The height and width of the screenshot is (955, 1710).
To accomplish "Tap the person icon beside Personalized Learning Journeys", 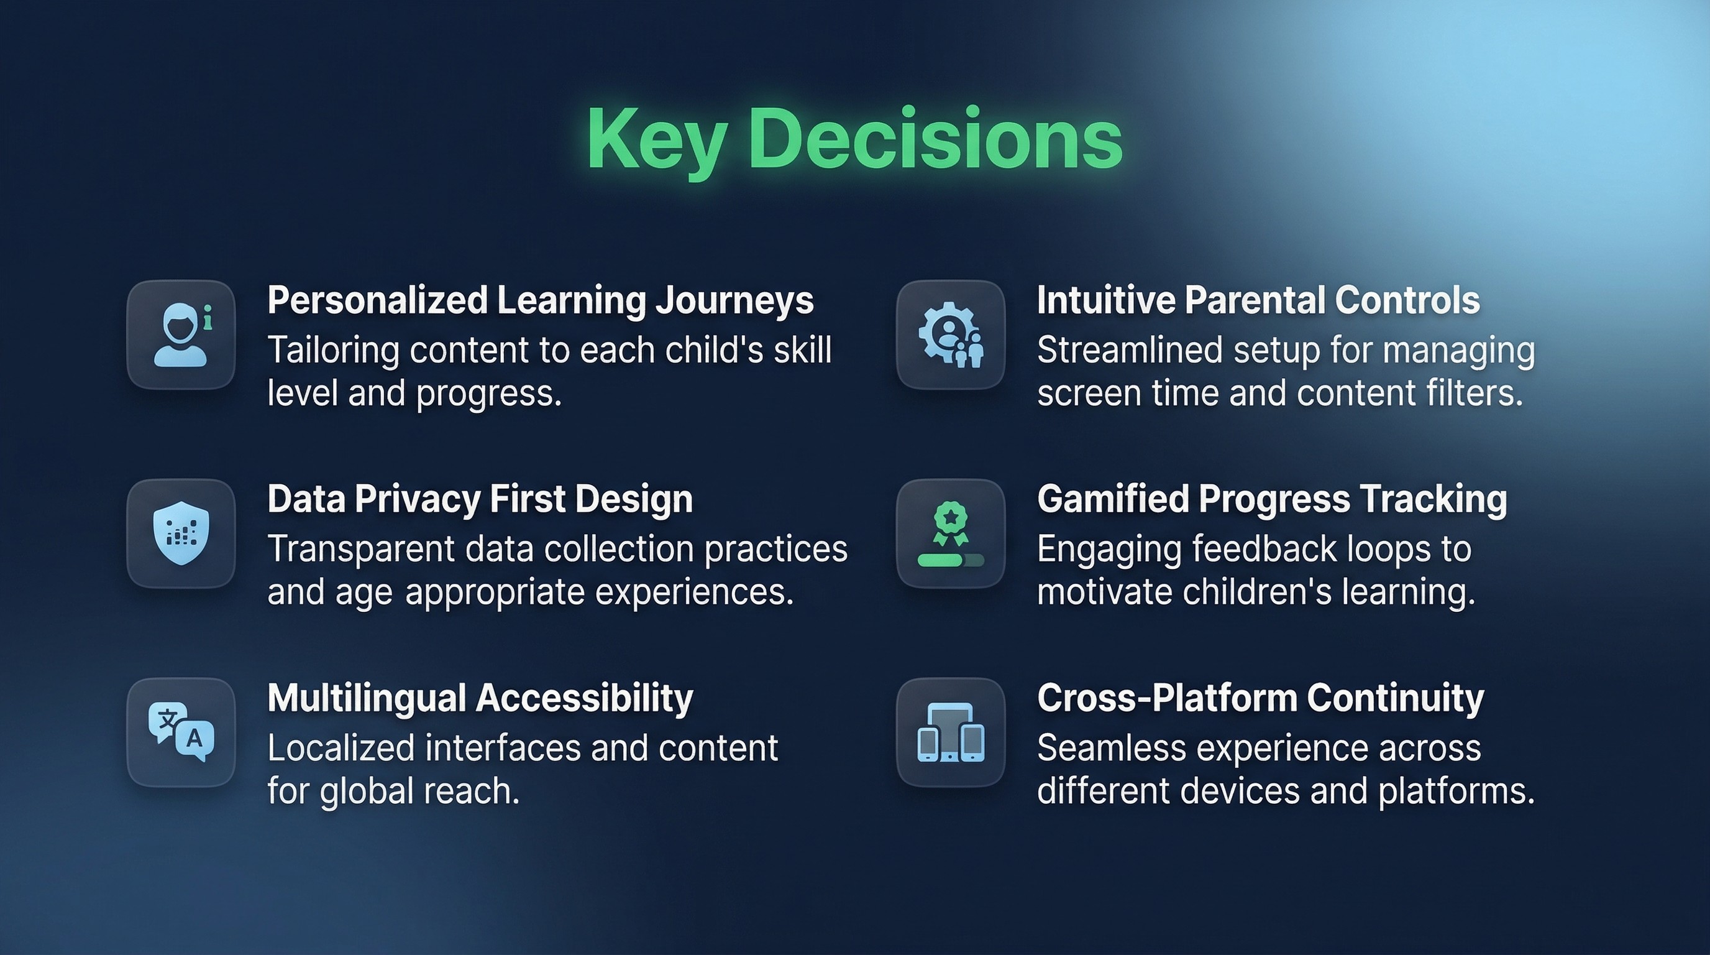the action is [181, 334].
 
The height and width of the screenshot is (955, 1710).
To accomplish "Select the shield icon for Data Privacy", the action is [181, 533].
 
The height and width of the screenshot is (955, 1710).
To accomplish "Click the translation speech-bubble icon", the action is [181, 732].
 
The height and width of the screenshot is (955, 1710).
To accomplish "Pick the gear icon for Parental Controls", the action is [951, 334].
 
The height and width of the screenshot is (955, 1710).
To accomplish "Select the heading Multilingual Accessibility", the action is [480, 699].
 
